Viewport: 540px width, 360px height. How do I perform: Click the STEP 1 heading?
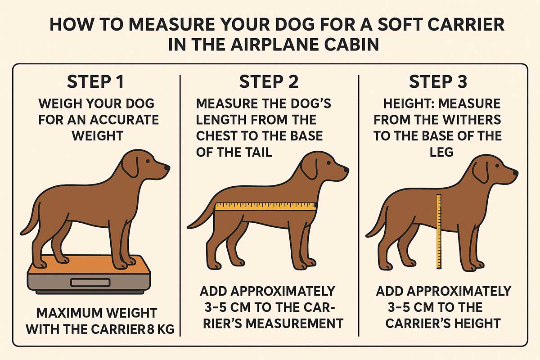tap(95, 82)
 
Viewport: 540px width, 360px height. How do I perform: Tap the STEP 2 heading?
tap(269, 82)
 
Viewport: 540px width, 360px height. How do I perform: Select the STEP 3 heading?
tap(438, 82)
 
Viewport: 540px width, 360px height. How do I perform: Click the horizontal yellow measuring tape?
tap(265, 207)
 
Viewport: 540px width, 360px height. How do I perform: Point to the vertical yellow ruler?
tap(439, 231)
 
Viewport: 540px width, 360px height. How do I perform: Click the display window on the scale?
tap(90, 282)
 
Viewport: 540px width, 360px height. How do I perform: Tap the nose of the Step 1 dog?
tap(167, 167)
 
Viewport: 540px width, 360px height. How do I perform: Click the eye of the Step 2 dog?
tap(328, 163)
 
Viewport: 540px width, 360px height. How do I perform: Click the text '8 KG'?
tap(161, 329)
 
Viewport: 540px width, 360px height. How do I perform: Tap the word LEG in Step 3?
tap(441, 153)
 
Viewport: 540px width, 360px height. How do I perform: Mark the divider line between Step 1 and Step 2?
tap(180, 206)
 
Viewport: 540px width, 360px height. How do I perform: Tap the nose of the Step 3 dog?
tap(515, 173)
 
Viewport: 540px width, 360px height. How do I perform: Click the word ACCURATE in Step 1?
tap(128, 120)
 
